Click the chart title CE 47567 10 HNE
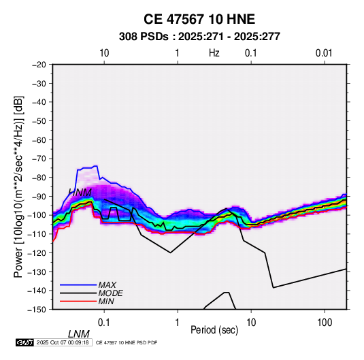pyautogui.click(x=199, y=19)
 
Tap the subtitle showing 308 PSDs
pyautogui.click(x=199, y=37)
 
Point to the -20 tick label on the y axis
pyautogui.click(x=39, y=65)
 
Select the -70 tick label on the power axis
pyautogui.click(x=39, y=159)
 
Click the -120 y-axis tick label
pyautogui.click(x=37, y=252)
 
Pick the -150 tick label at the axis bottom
pyautogui.click(x=37, y=310)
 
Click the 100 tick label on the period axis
pyautogui.click(x=325, y=323)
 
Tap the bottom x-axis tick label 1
pyautogui.click(x=178, y=323)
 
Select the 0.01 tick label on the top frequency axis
pyautogui.click(x=324, y=53)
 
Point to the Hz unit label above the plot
pyautogui.click(x=214, y=53)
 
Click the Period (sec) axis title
pyautogui.click(x=214, y=330)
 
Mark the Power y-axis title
pyautogui.click(x=18, y=186)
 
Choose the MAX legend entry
pyautogui.click(x=107, y=284)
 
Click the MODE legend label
pyautogui.click(x=110, y=293)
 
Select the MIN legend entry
pyautogui.click(x=106, y=301)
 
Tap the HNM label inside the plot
pyautogui.click(x=80, y=193)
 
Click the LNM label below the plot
pyautogui.click(x=79, y=334)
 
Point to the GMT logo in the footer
pyautogui.click(x=25, y=342)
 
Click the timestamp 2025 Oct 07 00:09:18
pyautogui.click(x=63, y=342)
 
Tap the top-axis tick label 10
pyautogui.click(x=104, y=53)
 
